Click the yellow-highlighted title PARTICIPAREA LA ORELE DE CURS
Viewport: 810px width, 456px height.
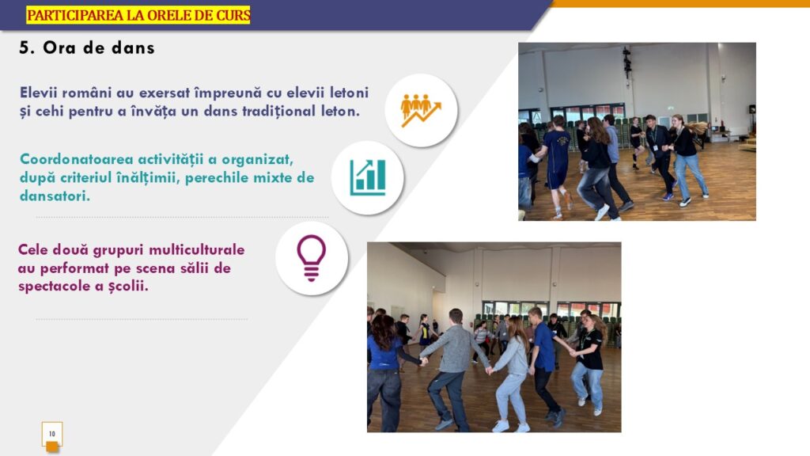click(138, 15)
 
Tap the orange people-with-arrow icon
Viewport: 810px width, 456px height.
click(421, 110)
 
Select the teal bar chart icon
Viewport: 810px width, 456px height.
click(367, 177)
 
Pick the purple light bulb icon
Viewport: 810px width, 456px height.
click(311, 258)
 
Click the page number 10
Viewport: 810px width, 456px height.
click(51, 434)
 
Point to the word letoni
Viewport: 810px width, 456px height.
click(349, 93)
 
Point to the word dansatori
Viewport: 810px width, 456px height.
click(55, 196)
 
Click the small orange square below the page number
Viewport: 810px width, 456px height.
click(52, 447)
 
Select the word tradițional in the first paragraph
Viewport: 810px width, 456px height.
click(278, 111)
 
